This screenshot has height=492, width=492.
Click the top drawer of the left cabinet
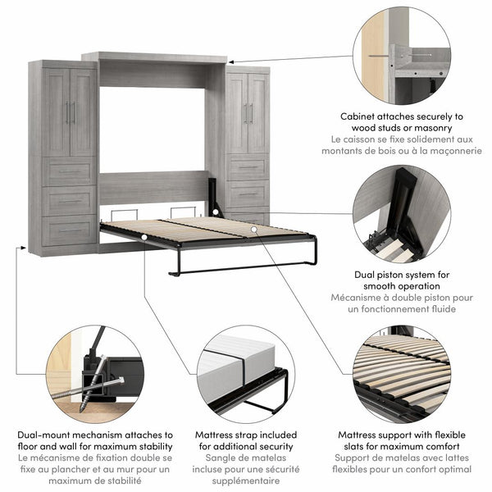(70, 171)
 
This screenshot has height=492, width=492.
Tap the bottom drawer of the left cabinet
(70, 230)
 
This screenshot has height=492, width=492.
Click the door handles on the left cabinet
(70, 112)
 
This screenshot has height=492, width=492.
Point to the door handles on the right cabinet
(247, 113)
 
